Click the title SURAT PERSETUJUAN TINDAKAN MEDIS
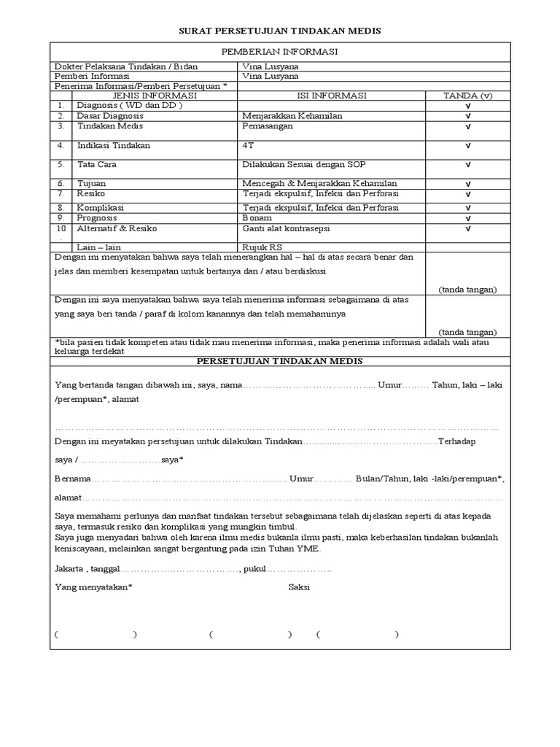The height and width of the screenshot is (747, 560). coord(280,31)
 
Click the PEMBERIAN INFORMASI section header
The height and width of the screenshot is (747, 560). coord(280,51)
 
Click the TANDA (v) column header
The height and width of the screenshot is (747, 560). coord(467,96)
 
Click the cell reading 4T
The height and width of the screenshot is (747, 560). coord(248,145)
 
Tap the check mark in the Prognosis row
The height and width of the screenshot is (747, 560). coord(467,219)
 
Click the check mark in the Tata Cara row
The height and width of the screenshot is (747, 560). coord(467,166)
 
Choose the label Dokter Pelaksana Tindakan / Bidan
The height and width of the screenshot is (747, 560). coord(126,66)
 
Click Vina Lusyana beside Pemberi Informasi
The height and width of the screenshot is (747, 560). coord(271,76)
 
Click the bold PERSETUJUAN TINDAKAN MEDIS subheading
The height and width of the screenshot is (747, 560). coord(280,362)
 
